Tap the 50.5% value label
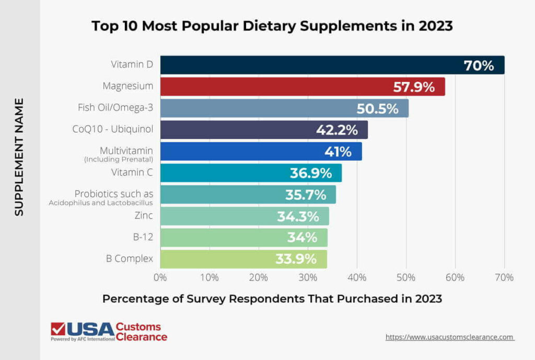(377, 109)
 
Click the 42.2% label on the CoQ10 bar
(336, 130)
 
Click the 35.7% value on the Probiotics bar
(306, 195)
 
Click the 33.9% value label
(296, 259)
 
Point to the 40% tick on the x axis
(357, 277)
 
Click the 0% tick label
(160, 277)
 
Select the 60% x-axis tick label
(455, 277)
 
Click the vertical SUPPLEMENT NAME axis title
(19, 157)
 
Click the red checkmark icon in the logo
(58, 329)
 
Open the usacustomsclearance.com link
(450, 337)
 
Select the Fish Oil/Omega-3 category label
(115, 108)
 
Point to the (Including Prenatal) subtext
(119, 159)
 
